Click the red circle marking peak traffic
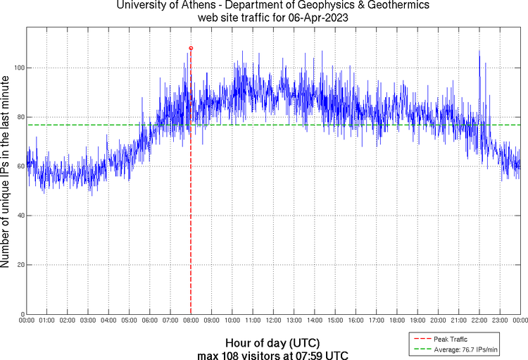coord(191,48)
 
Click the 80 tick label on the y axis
coord(19,117)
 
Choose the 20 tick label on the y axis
coord(19,265)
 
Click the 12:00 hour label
coord(273,320)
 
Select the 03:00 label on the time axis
coord(88,320)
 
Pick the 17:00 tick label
coord(376,320)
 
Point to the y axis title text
coord(6,173)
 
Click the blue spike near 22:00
coord(479,51)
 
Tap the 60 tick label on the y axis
coord(19,166)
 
